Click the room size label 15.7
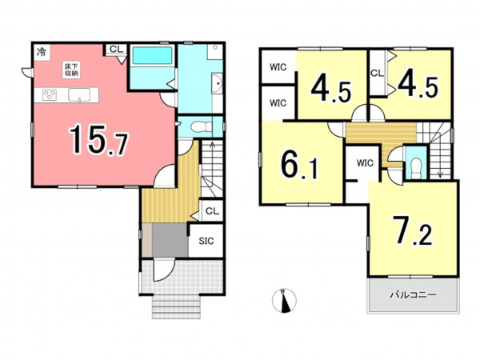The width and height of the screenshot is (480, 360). (98, 140)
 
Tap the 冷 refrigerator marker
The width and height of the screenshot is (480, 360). (42, 52)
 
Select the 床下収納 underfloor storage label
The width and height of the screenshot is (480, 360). (71, 70)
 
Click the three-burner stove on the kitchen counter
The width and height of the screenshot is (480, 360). (50, 94)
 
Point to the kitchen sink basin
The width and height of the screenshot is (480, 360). (79, 94)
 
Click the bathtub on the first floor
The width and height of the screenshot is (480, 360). (152, 55)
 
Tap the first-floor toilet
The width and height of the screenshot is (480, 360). (201, 126)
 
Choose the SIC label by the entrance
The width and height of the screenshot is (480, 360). (206, 241)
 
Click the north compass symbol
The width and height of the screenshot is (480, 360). (284, 301)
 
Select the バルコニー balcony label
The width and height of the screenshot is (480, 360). (413, 295)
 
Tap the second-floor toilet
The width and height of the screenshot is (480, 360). (416, 167)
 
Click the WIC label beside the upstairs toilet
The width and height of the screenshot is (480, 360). (365, 163)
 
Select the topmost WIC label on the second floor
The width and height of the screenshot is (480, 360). (278, 66)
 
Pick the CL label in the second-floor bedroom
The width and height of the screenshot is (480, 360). (377, 73)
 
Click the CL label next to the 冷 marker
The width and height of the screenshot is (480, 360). (116, 49)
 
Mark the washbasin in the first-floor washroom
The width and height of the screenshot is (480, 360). (218, 83)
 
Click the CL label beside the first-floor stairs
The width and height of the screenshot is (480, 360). (213, 211)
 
